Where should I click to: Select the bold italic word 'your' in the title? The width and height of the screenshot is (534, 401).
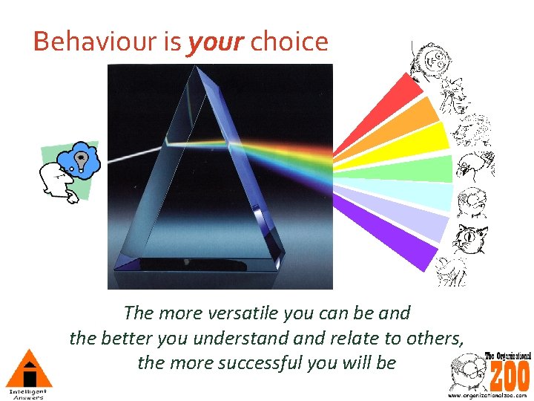coord(216,42)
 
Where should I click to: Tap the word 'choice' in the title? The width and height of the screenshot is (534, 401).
coord(289,42)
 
